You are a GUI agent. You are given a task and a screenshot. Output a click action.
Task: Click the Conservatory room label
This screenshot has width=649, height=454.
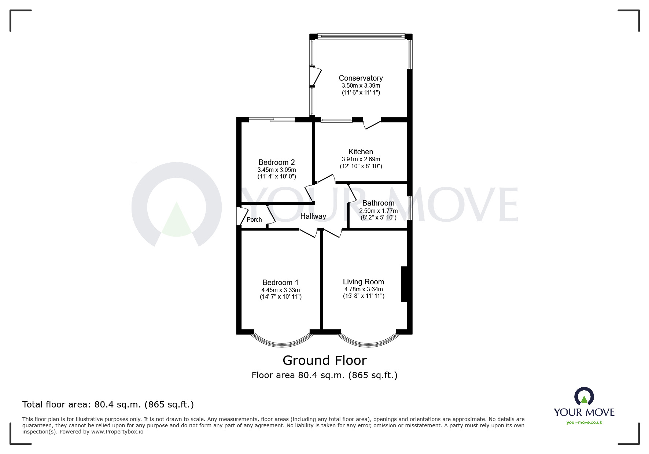361,78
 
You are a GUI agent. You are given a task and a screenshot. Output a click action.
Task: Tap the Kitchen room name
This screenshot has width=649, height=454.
361,152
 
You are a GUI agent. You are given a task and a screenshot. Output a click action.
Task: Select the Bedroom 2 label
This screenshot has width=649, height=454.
276,162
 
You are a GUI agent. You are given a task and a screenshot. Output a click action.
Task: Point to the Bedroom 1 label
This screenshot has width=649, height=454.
280,283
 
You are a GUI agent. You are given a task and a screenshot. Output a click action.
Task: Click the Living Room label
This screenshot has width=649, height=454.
363,282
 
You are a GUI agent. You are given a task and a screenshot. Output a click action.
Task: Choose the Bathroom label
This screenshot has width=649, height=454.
378,203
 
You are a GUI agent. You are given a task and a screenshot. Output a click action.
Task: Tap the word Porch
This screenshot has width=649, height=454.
254,219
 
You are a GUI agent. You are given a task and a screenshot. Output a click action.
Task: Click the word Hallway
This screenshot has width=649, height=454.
313,216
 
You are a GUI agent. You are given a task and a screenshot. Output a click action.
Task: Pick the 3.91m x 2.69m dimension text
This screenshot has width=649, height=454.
361,159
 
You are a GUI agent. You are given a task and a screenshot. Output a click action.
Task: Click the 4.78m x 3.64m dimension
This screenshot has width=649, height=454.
363,289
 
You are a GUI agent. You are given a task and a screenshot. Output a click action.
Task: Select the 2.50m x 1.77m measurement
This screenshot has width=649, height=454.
378,211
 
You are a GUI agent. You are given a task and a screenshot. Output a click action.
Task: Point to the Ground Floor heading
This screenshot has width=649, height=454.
324,361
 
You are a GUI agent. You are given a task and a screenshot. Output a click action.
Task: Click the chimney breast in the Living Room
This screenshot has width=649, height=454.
404,284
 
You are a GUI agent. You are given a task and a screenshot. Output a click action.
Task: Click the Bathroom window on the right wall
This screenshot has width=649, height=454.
410,208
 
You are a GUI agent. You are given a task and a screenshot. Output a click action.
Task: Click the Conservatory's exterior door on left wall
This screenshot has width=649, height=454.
314,76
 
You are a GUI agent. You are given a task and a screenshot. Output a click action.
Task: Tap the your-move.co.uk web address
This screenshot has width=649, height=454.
584,422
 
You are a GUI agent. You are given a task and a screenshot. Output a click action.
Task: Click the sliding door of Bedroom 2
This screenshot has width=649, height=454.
272,119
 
